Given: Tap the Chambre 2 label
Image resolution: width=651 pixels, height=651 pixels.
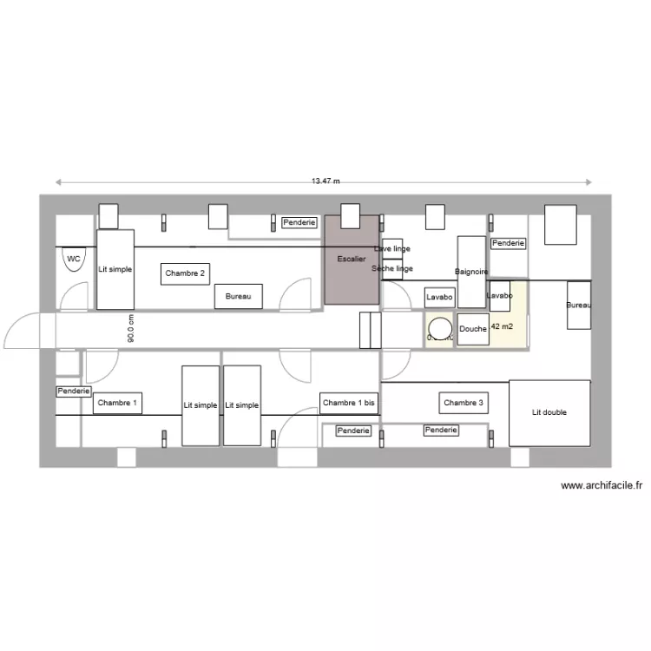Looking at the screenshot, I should click(186, 274).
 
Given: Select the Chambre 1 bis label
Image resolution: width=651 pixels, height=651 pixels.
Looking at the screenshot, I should click(349, 403).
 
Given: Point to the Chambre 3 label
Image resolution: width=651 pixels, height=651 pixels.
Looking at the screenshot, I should click(464, 403).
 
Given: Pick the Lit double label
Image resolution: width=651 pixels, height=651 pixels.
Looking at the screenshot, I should click(549, 412).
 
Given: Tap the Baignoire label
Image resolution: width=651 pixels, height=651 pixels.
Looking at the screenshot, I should click(471, 272).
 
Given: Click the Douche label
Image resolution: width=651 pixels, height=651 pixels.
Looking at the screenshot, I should click(473, 329).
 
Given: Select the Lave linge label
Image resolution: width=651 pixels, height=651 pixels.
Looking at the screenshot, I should click(391, 249).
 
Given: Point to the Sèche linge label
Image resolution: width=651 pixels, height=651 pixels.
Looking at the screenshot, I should click(391, 269).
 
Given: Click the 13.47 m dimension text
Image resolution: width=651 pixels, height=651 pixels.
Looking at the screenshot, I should click(325, 181).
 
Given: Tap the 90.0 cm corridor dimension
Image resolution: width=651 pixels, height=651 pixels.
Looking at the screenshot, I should click(130, 329).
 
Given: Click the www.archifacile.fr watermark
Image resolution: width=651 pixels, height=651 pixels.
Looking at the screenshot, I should click(602, 486).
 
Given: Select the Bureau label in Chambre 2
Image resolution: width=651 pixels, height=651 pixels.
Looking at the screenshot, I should click(238, 297).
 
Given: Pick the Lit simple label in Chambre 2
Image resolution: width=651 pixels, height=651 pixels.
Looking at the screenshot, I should click(115, 269).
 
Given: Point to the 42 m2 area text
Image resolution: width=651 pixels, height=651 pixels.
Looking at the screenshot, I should click(501, 327).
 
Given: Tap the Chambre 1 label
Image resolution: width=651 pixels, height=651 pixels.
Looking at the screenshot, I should click(116, 403).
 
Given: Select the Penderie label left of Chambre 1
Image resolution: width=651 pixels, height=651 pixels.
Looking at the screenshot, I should click(74, 391).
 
